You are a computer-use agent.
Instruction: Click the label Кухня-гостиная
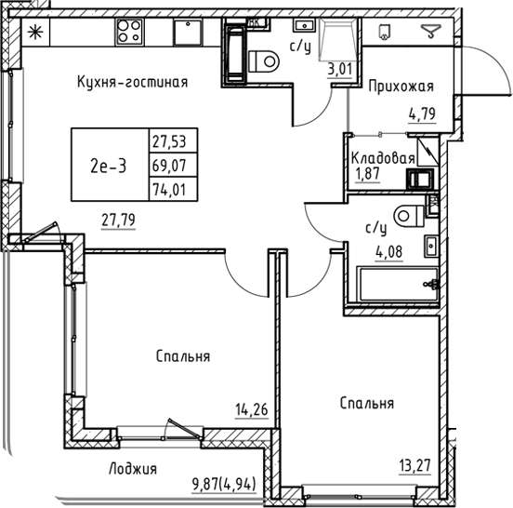click(132, 82)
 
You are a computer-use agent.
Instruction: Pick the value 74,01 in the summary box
click(167, 190)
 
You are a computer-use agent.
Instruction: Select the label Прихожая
click(401, 87)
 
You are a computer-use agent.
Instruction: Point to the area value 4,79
click(423, 117)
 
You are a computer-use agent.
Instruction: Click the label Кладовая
click(381, 158)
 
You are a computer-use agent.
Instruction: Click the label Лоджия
click(131, 469)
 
